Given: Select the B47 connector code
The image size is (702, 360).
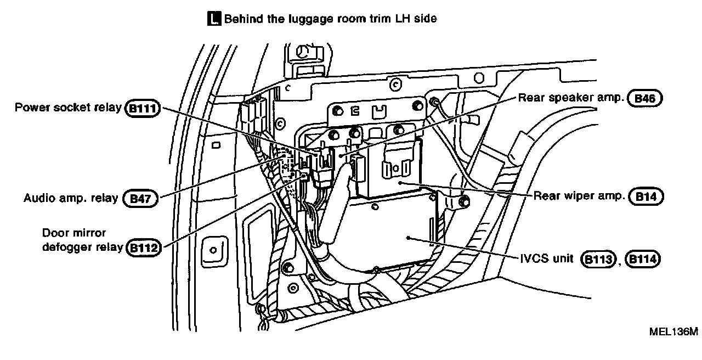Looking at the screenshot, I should pyautogui.click(x=140, y=198).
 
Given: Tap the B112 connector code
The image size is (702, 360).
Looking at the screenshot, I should pyautogui.click(x=142, y=248).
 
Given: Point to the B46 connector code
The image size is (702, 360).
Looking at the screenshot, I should pyautogui.click(x=647, y=98).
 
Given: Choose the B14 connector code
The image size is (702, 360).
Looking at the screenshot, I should pyautogui.click(x=647, y=196).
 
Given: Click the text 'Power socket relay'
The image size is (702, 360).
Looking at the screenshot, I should pyautogui.click(x=68, y=107).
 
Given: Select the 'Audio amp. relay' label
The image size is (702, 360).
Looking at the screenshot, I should pyautogui.click(x=71, y=198).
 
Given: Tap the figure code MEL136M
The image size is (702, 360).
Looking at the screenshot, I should pyautogui.click(x=673, y=332).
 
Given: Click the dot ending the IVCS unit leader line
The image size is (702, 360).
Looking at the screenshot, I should pyautogui.click(x=409, y=238).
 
